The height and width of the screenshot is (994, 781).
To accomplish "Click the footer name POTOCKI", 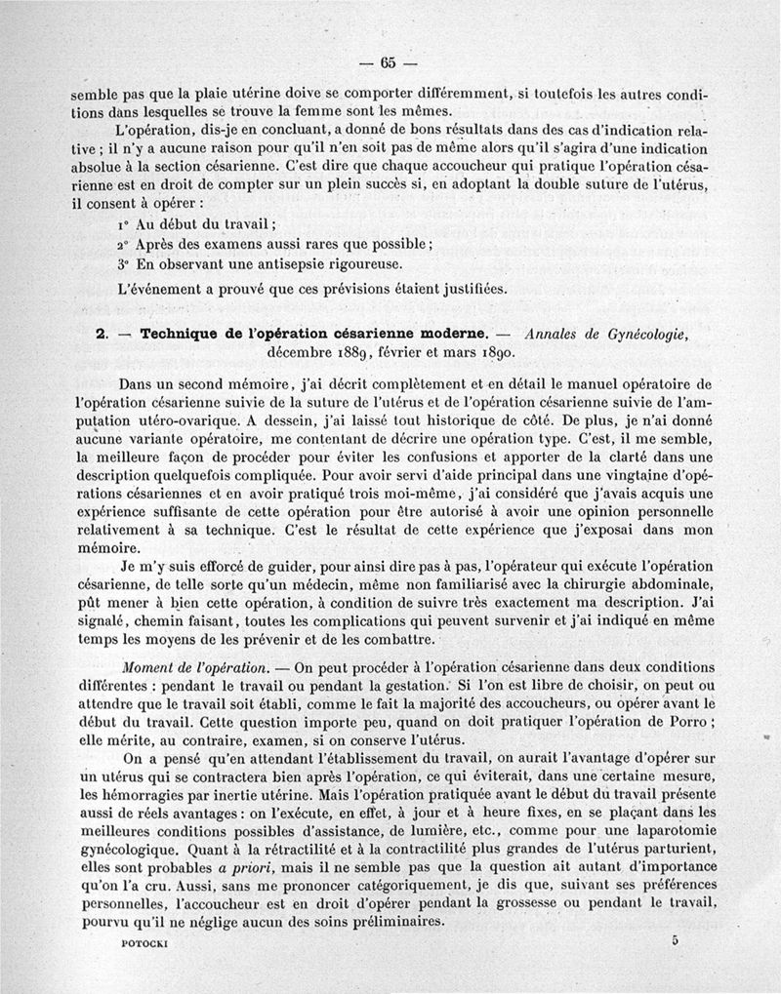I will [x=121, y=945].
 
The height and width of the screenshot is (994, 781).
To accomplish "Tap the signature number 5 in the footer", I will [x=674, y=941].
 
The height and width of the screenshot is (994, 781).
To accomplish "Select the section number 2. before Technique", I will [x=102, y=334].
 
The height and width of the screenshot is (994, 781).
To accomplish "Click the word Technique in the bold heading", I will [x=182, y=334].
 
